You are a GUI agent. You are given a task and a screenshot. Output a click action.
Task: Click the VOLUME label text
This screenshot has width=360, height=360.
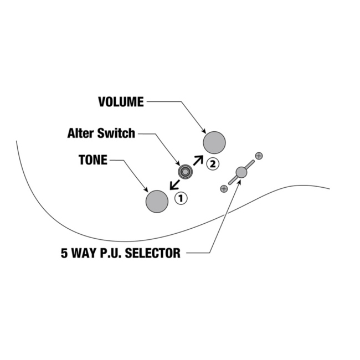[121, 102]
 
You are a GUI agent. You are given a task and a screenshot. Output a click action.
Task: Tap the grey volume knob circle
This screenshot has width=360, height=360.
[214, 142]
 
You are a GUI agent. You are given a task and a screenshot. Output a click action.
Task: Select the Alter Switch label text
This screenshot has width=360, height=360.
[101, 133]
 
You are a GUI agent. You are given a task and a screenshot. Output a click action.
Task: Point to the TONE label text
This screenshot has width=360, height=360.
[93, 160]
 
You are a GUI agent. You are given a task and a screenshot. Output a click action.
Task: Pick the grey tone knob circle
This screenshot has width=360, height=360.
[157, 201]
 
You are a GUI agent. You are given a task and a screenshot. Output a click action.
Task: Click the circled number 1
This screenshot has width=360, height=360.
[181, 197]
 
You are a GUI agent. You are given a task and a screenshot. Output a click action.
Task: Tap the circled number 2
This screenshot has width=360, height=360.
[213, 163]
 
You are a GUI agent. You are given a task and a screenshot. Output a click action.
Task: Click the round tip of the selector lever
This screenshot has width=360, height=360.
[241, 172]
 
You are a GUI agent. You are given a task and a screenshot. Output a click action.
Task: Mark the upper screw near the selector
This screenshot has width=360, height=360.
[259, 156]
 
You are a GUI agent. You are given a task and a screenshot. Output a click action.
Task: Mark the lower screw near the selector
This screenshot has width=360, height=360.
[224, 189]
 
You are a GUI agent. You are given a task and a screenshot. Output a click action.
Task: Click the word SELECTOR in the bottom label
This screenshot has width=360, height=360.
[153, 254]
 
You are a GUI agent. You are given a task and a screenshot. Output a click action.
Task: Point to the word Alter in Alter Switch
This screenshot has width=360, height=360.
[80, 133]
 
